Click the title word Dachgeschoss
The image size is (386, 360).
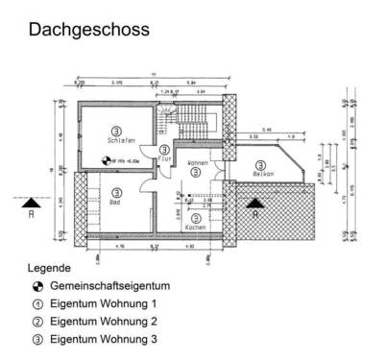88,30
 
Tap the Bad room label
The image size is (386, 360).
114,203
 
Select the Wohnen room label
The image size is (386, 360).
198,163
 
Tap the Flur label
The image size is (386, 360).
164,158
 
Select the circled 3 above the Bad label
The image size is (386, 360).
114,192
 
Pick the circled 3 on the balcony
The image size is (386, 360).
260,162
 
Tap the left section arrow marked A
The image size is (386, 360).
32,203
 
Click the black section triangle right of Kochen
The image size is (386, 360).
253,203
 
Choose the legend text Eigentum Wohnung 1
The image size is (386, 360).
103,304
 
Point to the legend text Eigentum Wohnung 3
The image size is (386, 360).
103,339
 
